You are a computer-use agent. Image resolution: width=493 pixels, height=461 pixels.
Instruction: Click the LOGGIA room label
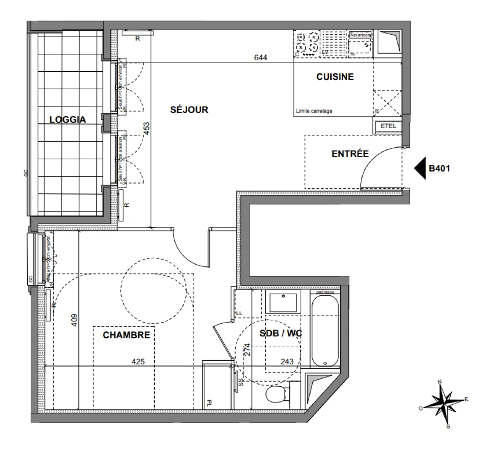(67, 120)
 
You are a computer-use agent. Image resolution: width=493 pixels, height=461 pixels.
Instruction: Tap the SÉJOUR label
(189, 110)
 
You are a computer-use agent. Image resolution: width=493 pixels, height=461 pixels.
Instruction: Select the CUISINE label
(335, 77)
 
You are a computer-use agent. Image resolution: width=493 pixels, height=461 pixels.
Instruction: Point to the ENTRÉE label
(350, 154)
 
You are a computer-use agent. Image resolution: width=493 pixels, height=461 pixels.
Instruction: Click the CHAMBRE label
(126, 335)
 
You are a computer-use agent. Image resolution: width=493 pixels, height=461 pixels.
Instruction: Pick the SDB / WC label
(281, 333)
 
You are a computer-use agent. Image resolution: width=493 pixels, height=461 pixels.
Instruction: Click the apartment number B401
(439, 168)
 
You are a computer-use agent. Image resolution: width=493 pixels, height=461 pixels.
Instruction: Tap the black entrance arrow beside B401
(420, 168)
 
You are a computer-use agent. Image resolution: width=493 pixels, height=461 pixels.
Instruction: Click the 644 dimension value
(260, 57)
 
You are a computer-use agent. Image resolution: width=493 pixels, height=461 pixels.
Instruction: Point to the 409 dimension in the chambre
(74, 320)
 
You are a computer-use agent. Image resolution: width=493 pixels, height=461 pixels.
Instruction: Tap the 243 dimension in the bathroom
(287, 362)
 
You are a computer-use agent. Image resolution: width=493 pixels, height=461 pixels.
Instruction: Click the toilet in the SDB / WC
(274, 394)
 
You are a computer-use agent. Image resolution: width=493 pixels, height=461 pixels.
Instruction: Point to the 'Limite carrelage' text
(314, 111)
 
